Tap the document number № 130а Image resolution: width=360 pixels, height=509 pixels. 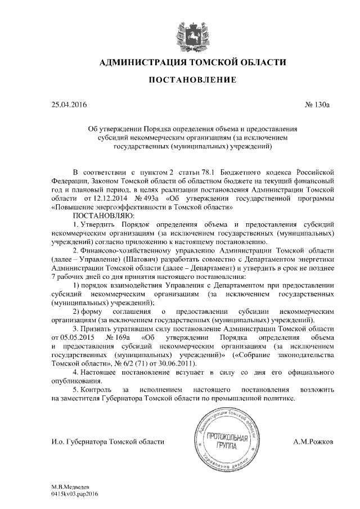319,105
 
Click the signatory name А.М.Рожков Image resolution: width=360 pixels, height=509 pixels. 313,442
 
